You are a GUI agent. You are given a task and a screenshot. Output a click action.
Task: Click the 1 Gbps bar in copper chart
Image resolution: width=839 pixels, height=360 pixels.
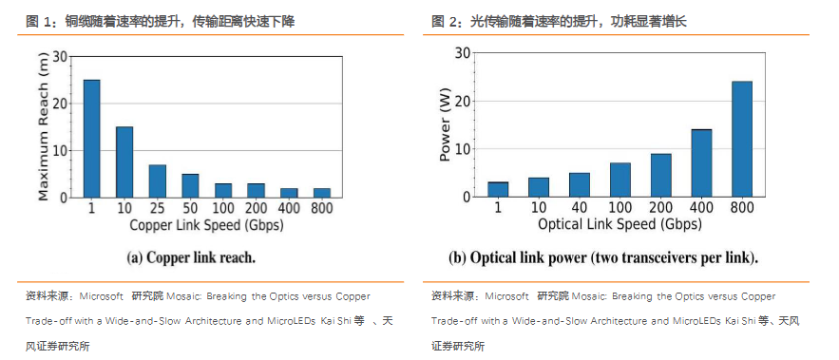coord(92,139)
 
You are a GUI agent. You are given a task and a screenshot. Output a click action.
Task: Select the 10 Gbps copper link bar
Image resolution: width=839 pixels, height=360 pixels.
coord(124,161)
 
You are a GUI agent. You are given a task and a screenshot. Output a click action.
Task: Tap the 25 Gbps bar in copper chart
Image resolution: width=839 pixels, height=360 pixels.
coord(158,180)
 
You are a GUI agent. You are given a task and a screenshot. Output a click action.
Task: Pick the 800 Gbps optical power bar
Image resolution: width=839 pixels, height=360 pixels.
coord(742,139)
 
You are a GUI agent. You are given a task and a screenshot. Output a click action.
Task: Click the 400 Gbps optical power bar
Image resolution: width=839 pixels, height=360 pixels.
coord(701,162)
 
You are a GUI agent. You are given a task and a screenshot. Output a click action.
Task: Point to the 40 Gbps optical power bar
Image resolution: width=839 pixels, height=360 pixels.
coord(580,184)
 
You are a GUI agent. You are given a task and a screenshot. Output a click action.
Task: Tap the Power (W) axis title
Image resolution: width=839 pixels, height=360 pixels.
coord(444,125)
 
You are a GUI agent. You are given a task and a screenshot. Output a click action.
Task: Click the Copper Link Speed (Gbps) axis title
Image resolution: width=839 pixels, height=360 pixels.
coord(207,226)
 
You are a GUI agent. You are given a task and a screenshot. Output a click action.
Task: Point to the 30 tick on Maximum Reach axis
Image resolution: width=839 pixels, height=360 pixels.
coord(61,57)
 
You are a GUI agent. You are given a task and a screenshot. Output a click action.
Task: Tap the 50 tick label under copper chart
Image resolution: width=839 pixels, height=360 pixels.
coord(191,209)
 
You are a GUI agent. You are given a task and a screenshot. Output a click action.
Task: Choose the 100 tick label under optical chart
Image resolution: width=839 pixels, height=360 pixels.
coord(620,209)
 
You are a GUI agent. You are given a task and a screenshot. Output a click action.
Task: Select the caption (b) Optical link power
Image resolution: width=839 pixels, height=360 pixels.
coord(603,257)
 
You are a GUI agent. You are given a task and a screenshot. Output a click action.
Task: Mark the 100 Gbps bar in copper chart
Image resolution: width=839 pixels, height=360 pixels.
coord(224,190)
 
